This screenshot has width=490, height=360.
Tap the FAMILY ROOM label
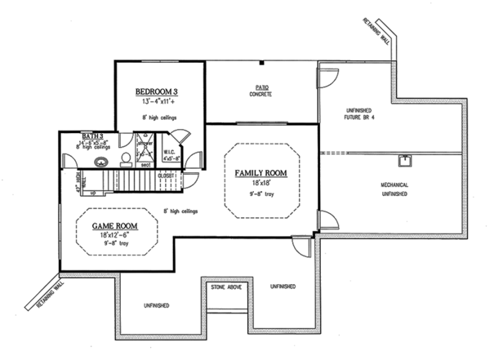(x=261, y=174)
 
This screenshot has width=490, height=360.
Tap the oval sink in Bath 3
(x=101, y=162)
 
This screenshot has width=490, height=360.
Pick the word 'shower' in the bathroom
(x=145, y=144)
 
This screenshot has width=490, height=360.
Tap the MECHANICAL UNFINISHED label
(x=394, y=189)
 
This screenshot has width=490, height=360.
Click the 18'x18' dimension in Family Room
(x=261, y=185)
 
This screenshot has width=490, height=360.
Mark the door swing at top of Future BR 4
(x=327, y=79)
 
